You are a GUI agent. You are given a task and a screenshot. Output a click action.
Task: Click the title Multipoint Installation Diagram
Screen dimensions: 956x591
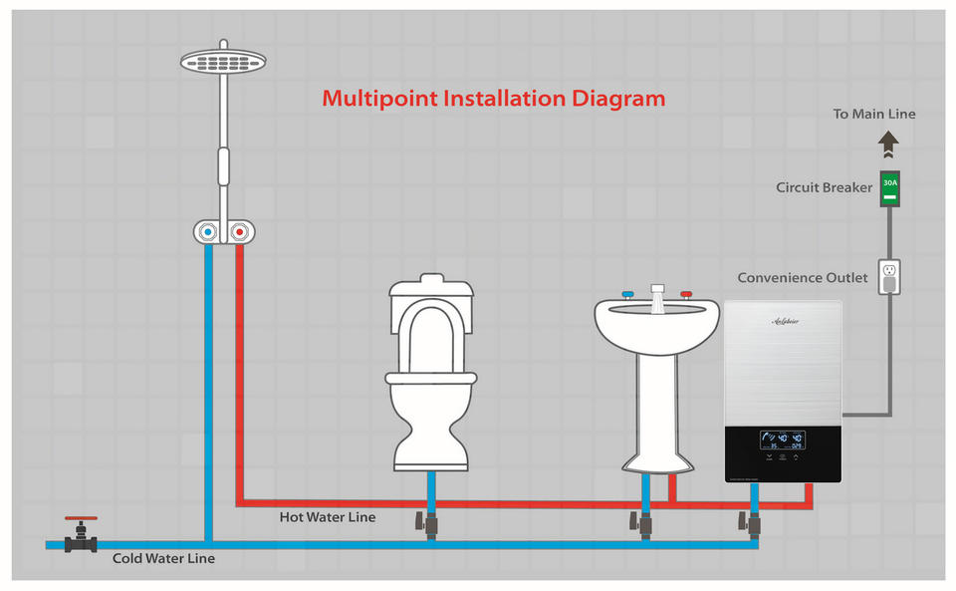tap(493, 100)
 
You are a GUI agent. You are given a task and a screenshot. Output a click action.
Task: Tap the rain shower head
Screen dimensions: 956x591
tap(223, 61)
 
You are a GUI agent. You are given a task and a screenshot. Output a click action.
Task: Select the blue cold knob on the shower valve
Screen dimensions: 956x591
tap(207, 232)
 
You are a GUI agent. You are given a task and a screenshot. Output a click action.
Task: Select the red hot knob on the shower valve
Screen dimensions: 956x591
tap(239, 232)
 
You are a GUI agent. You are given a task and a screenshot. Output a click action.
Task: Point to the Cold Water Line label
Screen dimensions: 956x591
tap(163, 559)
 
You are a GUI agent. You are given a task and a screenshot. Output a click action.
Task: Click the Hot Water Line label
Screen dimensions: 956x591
tap(328, 516)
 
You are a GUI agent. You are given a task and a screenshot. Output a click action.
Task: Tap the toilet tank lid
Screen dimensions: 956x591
tap(430, 289)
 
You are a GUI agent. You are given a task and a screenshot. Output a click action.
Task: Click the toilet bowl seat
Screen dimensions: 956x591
tap(430, 344)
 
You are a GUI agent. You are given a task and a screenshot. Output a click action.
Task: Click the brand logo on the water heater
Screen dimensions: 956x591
tap(784, 321)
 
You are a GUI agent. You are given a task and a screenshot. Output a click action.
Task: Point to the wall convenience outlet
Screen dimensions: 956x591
tap(888, 277)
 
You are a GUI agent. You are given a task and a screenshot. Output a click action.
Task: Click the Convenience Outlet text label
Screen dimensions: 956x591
tap(803, 278)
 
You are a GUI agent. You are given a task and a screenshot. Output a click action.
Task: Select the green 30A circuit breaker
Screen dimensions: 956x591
tap(889, 187)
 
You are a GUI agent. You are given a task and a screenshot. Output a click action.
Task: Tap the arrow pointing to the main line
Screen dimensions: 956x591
tap(888, 147)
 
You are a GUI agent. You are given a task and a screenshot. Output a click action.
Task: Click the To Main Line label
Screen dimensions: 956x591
tap(874, 115)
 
